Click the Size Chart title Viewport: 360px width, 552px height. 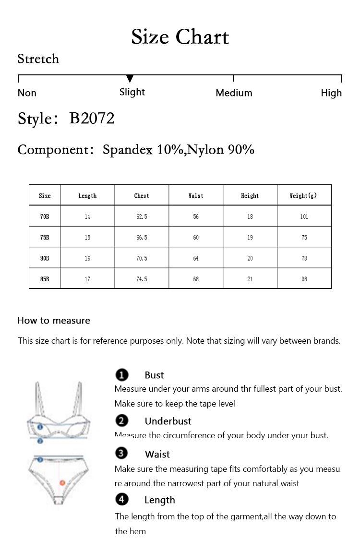180,37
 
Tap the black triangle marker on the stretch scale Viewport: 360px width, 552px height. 130,79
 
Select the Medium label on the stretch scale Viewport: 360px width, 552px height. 234,93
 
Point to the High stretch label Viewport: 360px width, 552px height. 331,93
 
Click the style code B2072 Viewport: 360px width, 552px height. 92,118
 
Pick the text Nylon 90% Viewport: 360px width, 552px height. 221,150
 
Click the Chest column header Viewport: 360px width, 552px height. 142,196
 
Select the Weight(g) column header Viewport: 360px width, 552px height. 304,196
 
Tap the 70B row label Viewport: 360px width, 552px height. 45,217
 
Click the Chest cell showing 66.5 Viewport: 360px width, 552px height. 142,238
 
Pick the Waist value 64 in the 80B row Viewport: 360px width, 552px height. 196,258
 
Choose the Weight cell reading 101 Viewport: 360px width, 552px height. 304,217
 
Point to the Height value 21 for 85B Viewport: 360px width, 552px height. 250,279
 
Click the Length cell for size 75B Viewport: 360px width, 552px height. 87,238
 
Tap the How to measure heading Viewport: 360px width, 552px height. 54,321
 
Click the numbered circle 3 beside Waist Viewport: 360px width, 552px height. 122,454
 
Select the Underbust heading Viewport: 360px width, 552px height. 168,421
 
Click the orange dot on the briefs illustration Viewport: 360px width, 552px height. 62,482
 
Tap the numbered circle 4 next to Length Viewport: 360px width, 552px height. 122,500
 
